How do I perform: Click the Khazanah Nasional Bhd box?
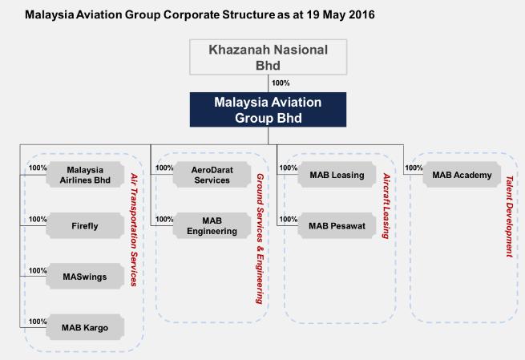(269, 56)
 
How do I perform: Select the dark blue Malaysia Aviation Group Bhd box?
(269, 110)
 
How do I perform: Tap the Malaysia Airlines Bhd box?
(86, 175)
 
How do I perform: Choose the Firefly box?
(86, 226)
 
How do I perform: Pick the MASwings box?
(86, 277)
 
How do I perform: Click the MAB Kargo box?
(86, 327)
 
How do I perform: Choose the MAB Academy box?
(462, 175)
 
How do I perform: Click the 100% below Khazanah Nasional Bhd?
(281, 83)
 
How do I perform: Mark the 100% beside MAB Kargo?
(37, 321)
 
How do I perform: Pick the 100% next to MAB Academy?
(414, 168)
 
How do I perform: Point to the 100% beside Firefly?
(37, 219)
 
